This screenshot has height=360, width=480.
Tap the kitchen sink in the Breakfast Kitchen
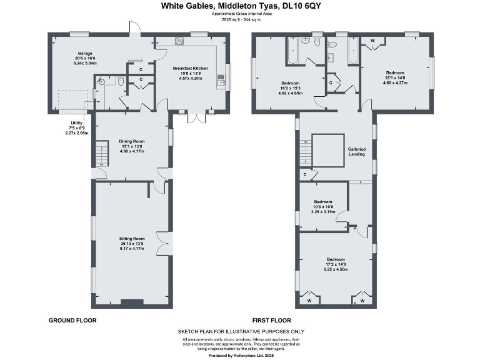(220, 78)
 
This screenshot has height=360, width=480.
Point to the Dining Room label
(132, 141)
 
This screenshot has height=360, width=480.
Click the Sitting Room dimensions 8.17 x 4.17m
(132, 248)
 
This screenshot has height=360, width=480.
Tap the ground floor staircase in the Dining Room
(99, 152)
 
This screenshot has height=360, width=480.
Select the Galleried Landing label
(357, 152)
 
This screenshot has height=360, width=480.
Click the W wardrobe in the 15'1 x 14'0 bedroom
(373, 41)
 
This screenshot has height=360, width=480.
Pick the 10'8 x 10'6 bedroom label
(322, 202)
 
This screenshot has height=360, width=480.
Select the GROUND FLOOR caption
(72, 320)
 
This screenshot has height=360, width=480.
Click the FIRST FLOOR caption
(269, 320)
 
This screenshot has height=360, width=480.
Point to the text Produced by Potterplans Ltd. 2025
(241, 355)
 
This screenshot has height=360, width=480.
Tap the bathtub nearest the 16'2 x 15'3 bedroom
(292, 49)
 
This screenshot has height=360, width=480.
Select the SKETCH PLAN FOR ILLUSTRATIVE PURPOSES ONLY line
(241, 331)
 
